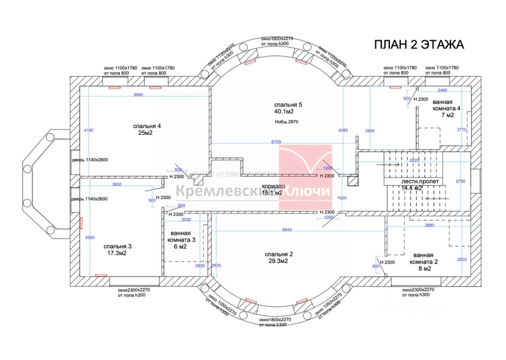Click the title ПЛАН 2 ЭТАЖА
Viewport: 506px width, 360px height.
tap(419, 44)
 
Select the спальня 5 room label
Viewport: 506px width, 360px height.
tap(288, 108)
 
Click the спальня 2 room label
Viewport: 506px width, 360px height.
tap(279, 257)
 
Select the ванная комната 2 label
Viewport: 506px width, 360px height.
tap(423, 262)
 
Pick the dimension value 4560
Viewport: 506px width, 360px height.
tap(90, 237)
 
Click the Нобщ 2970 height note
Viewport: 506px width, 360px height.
tap(286, 122)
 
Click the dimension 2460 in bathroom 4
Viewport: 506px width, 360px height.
tap(442, 90)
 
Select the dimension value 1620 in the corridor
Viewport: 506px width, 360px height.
tap(342, 198)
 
